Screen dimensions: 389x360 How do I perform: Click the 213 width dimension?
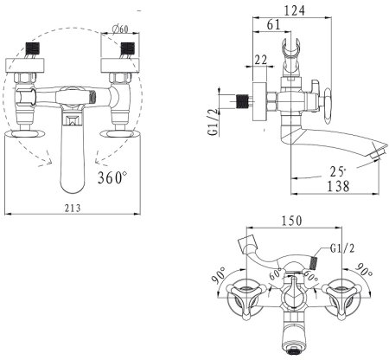73,208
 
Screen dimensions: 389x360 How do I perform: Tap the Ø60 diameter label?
121,29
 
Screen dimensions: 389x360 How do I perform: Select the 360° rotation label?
112,177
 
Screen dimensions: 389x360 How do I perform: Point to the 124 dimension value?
294,10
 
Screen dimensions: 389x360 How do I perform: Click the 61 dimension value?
273,25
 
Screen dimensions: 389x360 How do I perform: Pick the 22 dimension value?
261,60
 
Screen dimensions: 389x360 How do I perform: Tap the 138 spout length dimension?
338,186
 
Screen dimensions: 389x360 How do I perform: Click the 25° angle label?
338,172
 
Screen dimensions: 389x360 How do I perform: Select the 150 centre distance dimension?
291,221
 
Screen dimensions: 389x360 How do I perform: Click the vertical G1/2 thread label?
214,121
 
